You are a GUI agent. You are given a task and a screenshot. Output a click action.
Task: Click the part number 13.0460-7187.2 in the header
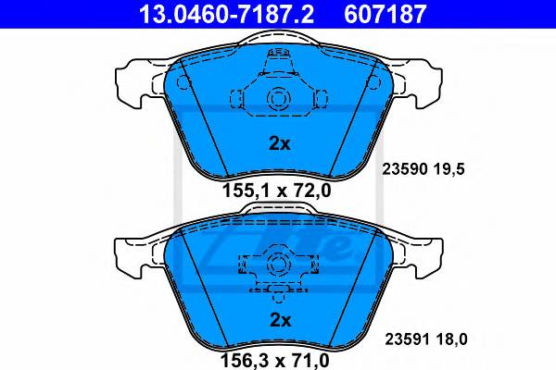pos(226,14)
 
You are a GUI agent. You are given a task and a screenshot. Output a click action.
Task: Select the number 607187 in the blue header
pos(385,14)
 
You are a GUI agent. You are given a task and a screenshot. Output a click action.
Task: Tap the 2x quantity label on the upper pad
pos(280,143)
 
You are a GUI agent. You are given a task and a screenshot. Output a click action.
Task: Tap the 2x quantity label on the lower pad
pos(280,320)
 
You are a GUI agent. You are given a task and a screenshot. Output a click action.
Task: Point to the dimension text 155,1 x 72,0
pos(276,191)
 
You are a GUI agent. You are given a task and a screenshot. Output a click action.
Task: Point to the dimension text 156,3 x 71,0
pos(275,360)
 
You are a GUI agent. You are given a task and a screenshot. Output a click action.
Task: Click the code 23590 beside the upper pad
pos(404,169)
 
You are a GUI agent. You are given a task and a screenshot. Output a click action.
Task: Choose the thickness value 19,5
pos(449,169)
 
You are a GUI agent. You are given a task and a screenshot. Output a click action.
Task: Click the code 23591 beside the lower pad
pos(407,339)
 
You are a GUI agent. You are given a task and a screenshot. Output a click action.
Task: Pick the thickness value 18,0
pos(451,339)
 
